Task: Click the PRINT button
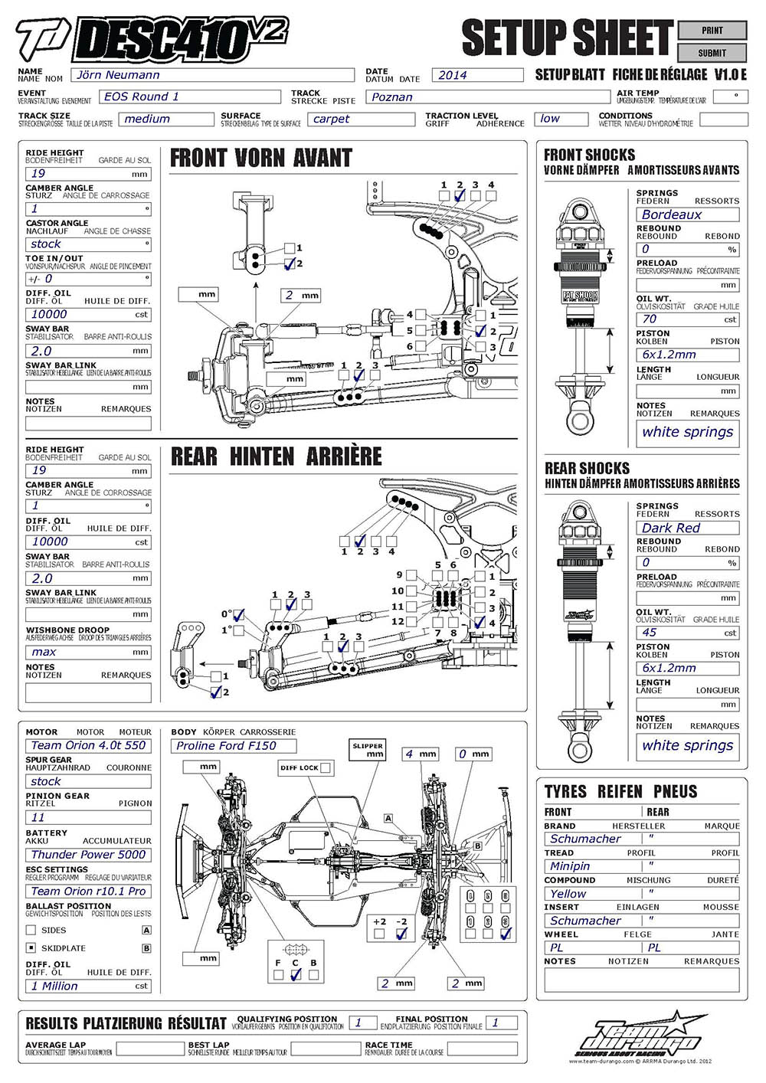(712, 31)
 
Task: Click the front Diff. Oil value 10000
(88, 315)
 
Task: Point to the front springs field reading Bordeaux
(687, 215)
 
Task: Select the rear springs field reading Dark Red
(687, 528)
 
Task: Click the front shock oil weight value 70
(687, 319)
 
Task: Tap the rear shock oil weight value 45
(687, 633)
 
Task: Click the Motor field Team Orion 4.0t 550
(88, 746)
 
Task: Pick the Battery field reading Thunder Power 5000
(88, 855)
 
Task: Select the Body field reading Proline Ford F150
(234, 746)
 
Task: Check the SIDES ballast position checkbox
(31, 930)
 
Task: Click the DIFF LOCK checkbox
(326, 767)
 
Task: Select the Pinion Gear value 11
(88, 818)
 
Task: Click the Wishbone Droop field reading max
(88, 653)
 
